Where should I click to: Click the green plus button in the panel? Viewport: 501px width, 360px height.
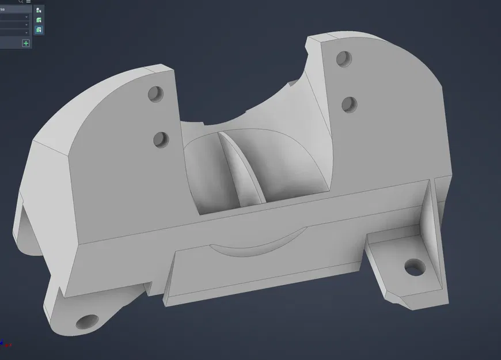(x=26, y=43)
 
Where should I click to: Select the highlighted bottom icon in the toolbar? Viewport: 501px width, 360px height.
(x=39, y=29)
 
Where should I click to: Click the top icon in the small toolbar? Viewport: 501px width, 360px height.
(x=39, y=10)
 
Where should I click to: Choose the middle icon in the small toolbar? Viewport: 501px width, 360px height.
(x=39, y=20)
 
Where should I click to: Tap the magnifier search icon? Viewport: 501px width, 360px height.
(x=21, y=2)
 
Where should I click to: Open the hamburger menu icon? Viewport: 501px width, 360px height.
(x=28, y=2)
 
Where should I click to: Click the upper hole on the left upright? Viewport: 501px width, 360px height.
(x=155, y=94)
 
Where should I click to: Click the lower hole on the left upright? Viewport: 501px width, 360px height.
(x=161, y=139)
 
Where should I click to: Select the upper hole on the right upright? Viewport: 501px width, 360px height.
(x=344, y=59)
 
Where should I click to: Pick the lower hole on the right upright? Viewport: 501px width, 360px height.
(x=349, y=104)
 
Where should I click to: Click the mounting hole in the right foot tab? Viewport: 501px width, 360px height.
(x=414, y=267)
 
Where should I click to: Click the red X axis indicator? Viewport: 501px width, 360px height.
(x=9, y=345)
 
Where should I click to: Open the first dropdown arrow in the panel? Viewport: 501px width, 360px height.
(x=26, y=17)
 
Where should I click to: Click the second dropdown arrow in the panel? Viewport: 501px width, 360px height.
(x=26, y=25)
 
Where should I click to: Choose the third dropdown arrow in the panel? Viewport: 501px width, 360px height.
(x=26, y=32)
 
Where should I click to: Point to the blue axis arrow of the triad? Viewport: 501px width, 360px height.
(x=2, y=343)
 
